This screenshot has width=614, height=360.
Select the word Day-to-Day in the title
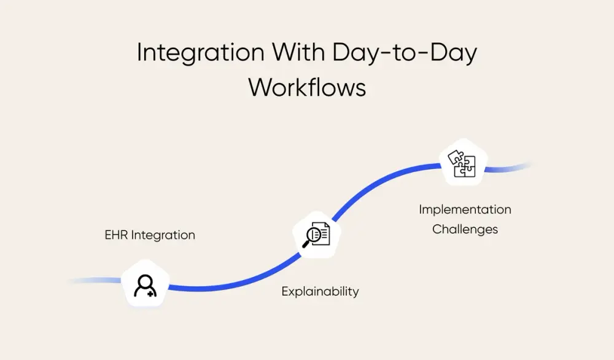coord(405,53)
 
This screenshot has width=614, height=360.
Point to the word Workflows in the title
coord(307,87)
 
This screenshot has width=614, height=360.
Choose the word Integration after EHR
coord(163,235)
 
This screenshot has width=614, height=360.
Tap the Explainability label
coord(320,292)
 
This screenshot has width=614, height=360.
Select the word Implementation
coord(465,209)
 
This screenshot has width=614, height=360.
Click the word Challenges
coord(465,229)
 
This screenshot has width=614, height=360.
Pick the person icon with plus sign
coord(146,285)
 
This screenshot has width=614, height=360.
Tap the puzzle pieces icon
coord(462,163)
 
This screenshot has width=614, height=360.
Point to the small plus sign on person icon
coord(152,293)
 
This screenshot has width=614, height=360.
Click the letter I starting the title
coord(139,53)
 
